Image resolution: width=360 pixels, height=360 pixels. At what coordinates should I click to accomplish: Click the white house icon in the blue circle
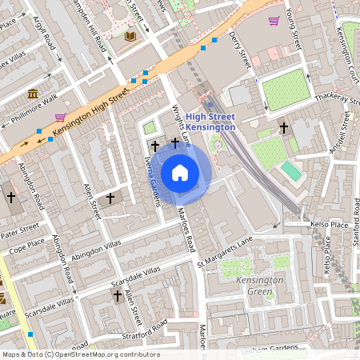click(180, 173)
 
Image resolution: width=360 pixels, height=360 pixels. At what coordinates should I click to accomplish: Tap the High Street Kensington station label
click(210, 122)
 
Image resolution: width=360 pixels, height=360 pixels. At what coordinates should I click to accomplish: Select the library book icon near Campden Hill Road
click(131, 37)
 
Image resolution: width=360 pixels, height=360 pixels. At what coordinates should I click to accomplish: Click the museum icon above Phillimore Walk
click(34, 94)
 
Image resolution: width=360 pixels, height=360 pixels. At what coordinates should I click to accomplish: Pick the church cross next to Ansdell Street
click(283, 127)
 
